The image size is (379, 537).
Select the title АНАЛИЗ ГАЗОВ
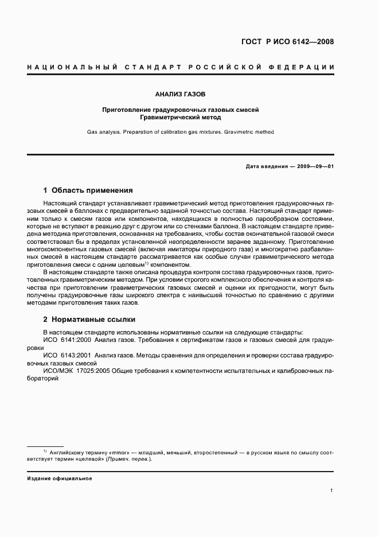pos(180,93)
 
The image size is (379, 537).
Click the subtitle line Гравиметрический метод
pos(180,117)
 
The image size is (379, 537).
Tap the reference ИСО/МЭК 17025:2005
pos(79,371)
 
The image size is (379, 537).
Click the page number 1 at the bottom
pos(332,491)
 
